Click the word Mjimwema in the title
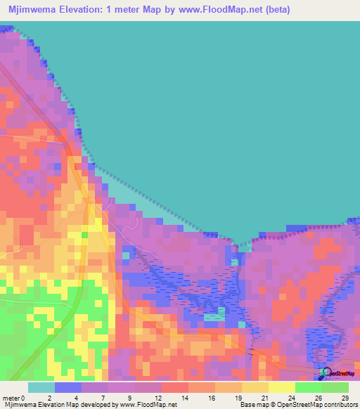(x=34, y=11)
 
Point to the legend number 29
(x=345, y=398)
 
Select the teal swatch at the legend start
(x=41, y=387)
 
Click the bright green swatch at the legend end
(x=335, y=387)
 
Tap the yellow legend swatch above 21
(x=255, y=387)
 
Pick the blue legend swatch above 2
(x=68, y=387)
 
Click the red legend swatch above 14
(x=175, y=387)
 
